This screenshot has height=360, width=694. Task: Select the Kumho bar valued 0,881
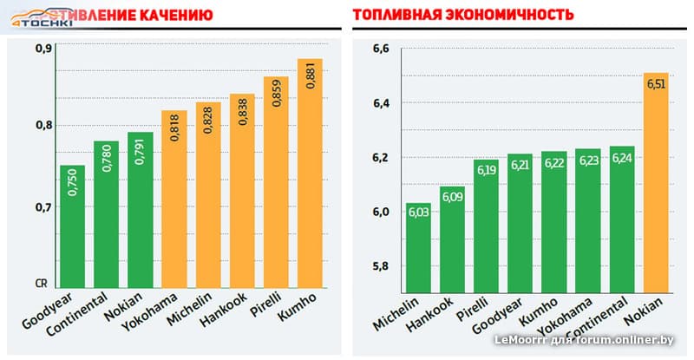[310, 173]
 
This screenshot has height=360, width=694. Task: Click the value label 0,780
[107, 163]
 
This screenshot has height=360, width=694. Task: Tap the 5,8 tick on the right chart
[381, 266]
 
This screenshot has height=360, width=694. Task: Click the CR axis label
[42, 283]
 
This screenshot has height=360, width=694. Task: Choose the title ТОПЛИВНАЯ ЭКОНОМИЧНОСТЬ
[450, 16]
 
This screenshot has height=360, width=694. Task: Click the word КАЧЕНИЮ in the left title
[174, 16]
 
